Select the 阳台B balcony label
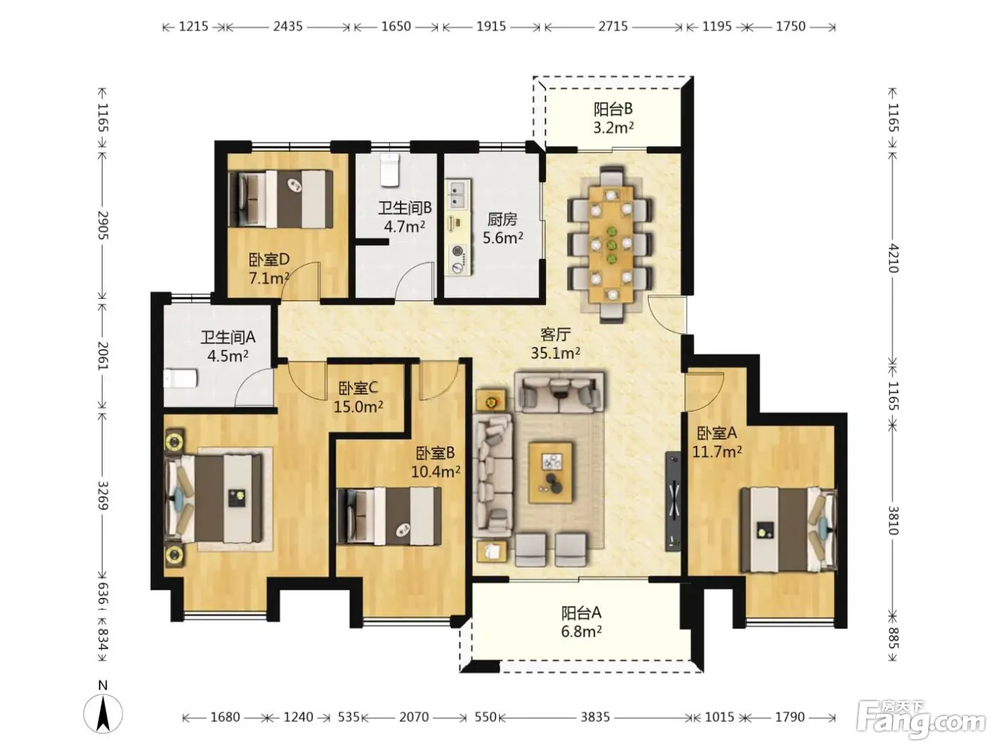tap(613, 110)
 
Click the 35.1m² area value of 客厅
tap(555, 353)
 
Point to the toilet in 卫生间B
tap(390, 170)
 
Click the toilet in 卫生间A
tap(180, 378)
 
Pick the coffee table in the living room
tap(550, 472)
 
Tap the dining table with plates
tap(611, 245)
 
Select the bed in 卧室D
tap(281, 199)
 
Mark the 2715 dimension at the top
tap(613, 26)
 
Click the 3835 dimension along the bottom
tap(595, 717)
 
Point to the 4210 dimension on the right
tap(893, 258)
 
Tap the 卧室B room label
tap(435, 454)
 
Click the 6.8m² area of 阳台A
tap(582, 632)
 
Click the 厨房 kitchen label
tap(503, 220)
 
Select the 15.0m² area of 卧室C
tap(359, 407)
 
